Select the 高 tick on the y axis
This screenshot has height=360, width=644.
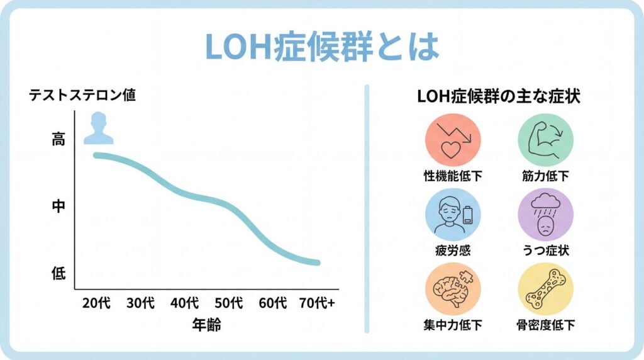point(58,140)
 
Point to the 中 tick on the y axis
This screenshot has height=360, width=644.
point(58,206)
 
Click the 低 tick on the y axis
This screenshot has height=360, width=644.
point(58,273)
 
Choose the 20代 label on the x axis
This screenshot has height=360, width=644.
point(96,303)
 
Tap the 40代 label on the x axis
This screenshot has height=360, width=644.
point(185,303)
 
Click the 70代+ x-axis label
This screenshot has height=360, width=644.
point(317,303)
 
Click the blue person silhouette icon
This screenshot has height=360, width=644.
point(99,128)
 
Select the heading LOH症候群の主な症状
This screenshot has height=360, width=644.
point(499,98)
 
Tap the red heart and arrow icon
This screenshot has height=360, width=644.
point(453,140)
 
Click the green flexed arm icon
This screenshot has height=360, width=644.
point(545,140)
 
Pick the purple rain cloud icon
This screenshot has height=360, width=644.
point(545,215)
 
